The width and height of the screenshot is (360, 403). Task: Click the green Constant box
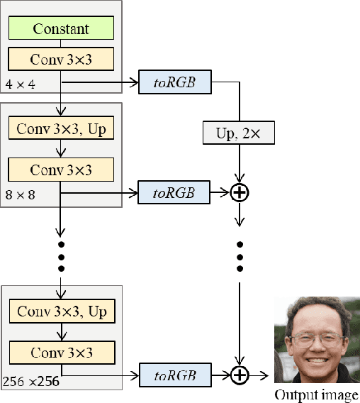tap(61, 29)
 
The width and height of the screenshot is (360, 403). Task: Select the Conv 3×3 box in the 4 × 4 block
tap(61, 60)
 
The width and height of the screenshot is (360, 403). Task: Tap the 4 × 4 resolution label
tap(21, 85)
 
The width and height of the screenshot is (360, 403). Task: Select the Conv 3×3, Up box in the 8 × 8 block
tap(61, 130)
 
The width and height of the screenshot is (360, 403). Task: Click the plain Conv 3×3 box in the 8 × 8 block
tap(61, 170)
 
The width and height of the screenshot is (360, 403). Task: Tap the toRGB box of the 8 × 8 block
tap(174, 192)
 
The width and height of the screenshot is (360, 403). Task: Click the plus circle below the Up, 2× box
tap(241, 192)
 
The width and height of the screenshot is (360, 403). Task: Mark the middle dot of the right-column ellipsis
tap(241, 256)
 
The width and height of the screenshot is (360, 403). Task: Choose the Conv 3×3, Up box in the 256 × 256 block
tap(61, 311)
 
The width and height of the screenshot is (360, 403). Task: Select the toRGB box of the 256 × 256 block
tap(174, 375)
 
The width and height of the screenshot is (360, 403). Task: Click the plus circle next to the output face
tap(241, 375)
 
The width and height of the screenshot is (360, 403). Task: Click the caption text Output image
tap(316, 395)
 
